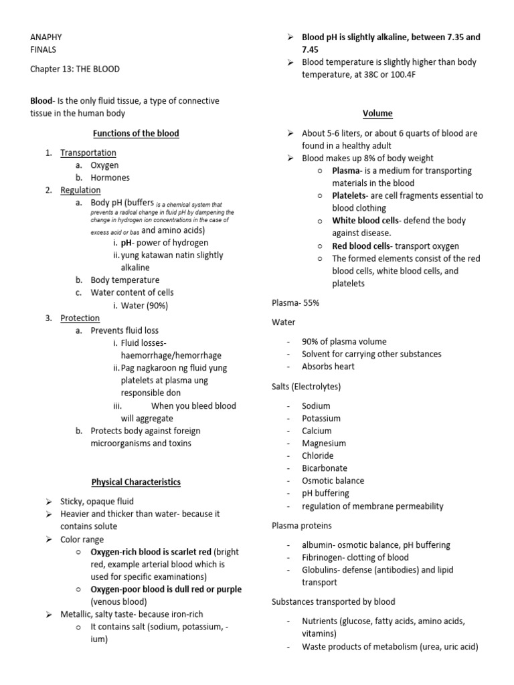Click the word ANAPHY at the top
[46, 37]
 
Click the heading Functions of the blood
[136, 133]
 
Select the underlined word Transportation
[88, 153]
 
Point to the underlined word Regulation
[80, 190]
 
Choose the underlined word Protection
[80, 318]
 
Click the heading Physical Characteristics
[136, 482]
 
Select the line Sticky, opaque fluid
[97, 501]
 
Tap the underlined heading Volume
[377, 113]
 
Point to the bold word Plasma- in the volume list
[347, 171]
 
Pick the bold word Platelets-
[352, 196]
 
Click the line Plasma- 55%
[296, 302]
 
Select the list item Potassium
[321, 418]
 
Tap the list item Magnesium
[323, 443]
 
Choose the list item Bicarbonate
[324, 468]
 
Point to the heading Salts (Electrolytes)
[306, 387]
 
